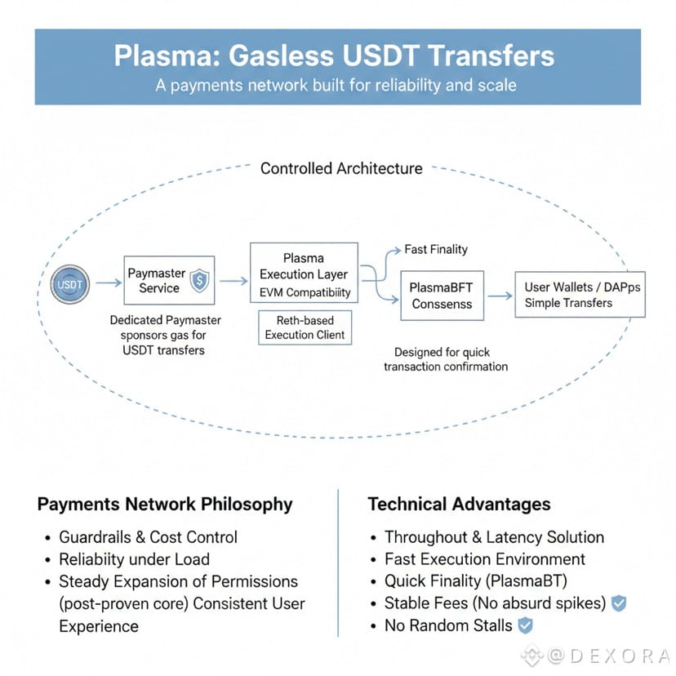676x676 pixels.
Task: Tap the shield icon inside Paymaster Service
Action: tap(199, 282)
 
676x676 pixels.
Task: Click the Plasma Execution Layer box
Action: tap(304, 274)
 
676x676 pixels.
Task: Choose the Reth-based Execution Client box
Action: tap(305, 327)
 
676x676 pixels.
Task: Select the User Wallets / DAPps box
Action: tap(580, 295)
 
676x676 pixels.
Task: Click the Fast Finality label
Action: tap(436, 250)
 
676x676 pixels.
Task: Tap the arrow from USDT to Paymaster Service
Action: tap(107, 283)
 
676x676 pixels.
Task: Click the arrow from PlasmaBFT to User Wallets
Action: tap(499, 296)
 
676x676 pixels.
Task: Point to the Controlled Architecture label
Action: tap(341, 169)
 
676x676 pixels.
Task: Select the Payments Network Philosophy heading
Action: tap(165, 504)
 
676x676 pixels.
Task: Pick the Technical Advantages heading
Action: tap(459, 504)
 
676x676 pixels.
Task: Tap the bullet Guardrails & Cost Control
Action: tap(148, 537)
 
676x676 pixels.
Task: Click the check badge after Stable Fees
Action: tap(619, 603)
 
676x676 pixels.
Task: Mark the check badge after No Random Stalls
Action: tap(526, 625)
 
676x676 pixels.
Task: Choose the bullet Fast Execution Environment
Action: tap(485, 559)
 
